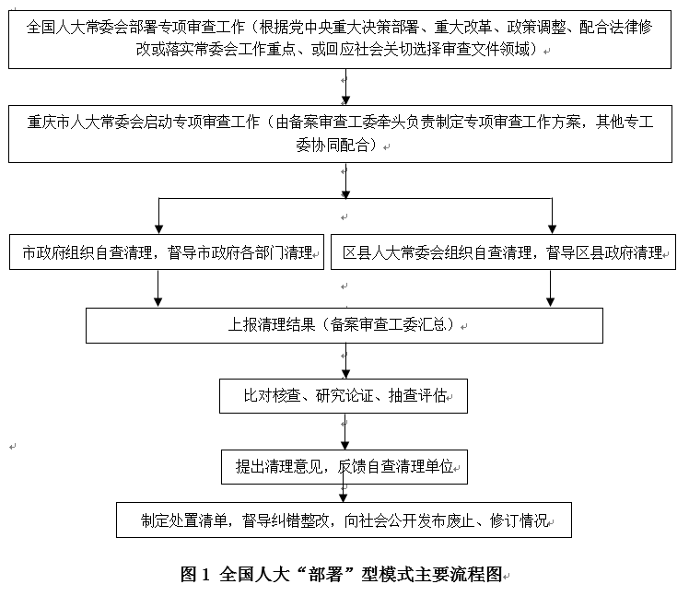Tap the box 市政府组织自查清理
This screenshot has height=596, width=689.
[167, 252]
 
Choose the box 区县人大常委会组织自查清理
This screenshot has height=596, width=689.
[503, 252]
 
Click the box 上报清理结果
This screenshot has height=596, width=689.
[344, 325]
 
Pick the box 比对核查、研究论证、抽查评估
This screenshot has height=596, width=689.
[344, 396]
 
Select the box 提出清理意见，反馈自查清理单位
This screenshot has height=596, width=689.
[344, 466]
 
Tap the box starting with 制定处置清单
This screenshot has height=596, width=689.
[344, 520]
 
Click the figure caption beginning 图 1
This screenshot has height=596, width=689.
[344, 575]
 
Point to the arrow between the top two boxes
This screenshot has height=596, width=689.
[345, 87]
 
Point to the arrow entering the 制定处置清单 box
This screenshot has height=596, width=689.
[345, 494]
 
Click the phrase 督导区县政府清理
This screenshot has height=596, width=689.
[604, 252]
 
